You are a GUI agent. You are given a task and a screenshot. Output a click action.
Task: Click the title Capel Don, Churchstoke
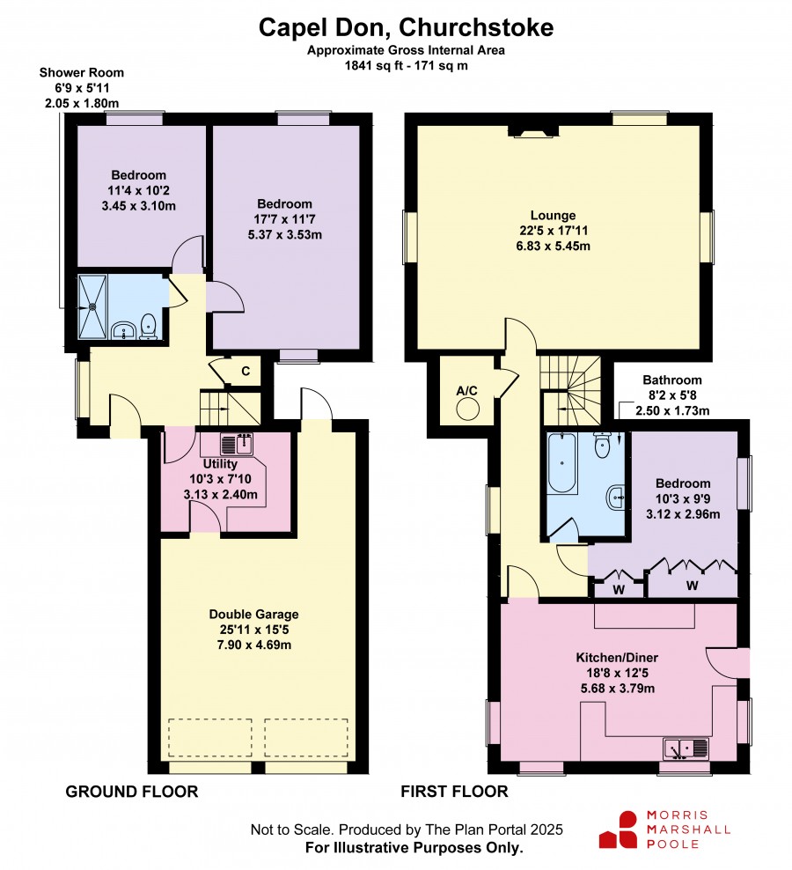click(x=406, y=27)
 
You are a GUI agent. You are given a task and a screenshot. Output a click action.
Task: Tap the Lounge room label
click(x=553, y=215)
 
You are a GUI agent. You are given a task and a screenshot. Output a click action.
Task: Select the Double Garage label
click(x=254, y=615)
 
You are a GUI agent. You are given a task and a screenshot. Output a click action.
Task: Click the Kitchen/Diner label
click(x=617, y=658)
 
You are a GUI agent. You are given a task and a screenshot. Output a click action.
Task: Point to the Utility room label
click(x=220, y=464)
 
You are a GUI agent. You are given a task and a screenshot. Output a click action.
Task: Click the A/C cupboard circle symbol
click(x=467, y=410)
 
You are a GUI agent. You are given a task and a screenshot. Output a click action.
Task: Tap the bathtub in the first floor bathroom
click(x=561, y=463)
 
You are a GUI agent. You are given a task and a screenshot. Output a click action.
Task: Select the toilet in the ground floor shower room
click(x=148, y=327)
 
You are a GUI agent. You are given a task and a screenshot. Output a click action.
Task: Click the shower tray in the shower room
click(x=92, y=306)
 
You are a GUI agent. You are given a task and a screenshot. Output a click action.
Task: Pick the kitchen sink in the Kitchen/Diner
click(x=686, y=748)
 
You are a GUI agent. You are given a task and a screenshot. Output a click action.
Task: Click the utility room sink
click(x=237, y=444)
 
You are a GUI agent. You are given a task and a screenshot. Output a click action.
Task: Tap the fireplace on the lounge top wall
click(x=533, y=131)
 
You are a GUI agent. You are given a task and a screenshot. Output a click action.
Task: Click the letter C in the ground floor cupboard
click(x=246, y=371)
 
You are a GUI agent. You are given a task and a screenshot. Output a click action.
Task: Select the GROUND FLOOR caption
click(x=131, y=792)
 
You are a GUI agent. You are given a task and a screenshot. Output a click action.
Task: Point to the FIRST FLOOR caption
click(x=454, y=792)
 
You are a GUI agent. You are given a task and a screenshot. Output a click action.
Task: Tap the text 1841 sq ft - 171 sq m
click(x=406, y=65)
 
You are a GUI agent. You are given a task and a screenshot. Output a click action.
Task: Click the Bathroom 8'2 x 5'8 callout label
click(x=672, y=395)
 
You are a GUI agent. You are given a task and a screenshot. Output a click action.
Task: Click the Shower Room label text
click(x=82, y=72)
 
